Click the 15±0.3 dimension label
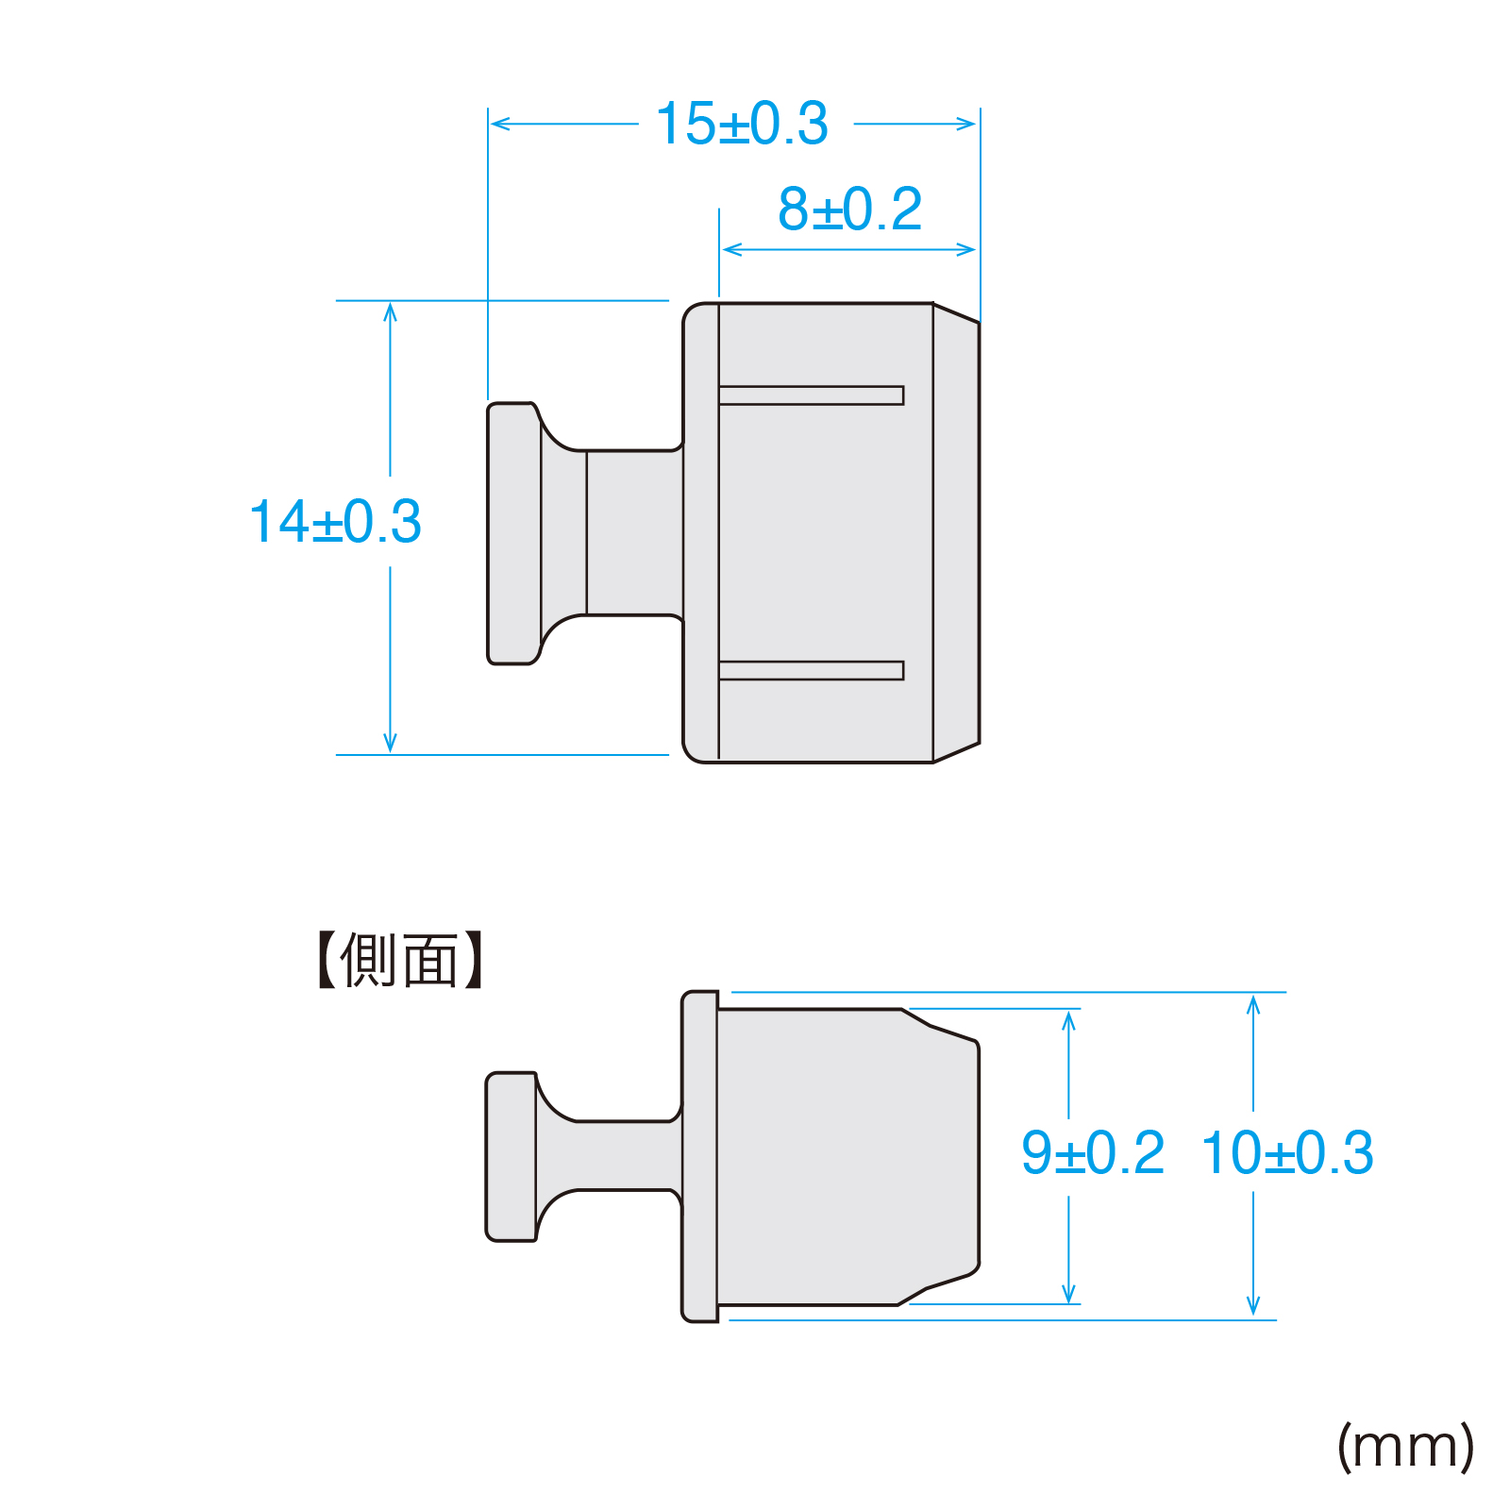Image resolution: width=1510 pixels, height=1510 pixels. tap(742, 124)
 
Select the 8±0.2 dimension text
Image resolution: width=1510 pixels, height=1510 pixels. tap(849, 210)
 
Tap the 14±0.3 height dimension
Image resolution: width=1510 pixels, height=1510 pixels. tap(335, 522)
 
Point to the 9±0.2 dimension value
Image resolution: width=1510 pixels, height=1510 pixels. tap(1093, 1152)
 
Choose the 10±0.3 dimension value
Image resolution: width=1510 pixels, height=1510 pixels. tap(1287, 1152)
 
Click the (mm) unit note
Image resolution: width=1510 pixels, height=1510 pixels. tap(1406, 1447)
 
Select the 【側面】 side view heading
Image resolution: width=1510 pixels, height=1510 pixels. tap(399, 961)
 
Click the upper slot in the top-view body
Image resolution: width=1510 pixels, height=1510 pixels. tap(812, 395)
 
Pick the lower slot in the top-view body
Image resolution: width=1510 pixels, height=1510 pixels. tap(812, 670)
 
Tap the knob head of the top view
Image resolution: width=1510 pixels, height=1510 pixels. tap(514, 533)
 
